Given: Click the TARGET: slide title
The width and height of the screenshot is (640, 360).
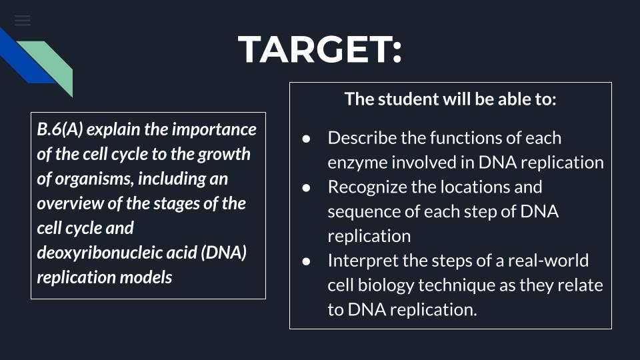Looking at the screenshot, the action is (x=320, y=49).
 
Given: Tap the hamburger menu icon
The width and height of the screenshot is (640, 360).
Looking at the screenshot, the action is (x=23, y=21).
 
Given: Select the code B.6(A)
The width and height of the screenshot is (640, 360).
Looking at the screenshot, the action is (x=60, y=129).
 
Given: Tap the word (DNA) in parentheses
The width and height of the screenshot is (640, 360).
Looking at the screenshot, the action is (x=224, y=253).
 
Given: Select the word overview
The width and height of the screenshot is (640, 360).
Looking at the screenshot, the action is (x=70, y=203).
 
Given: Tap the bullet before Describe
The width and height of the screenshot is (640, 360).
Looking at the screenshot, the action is (x=306, y=139).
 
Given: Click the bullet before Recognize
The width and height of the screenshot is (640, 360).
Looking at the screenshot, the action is (x=306, y=188).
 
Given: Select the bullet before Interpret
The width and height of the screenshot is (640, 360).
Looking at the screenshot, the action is (x=306, y=261).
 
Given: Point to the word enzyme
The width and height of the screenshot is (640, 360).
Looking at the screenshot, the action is (x=357, y=163).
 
